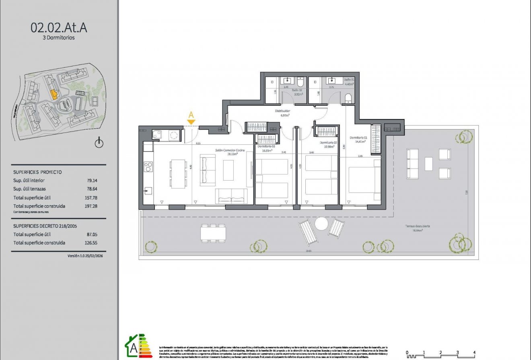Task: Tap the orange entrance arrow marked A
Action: click(191, 117)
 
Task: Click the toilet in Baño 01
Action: click(348, 98)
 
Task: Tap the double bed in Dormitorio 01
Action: click(364, 180)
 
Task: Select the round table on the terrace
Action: click(321, 224)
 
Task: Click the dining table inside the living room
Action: click(178, 173)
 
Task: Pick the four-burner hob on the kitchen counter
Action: click(148, 167)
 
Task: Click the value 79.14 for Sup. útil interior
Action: click(92, 181)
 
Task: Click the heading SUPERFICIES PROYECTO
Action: click(37, 172)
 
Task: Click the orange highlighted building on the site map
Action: click(54, 94)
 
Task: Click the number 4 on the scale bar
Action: click(474, 352)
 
